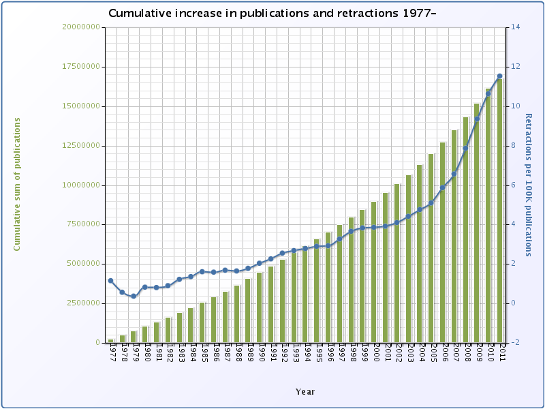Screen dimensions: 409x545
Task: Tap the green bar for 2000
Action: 374,272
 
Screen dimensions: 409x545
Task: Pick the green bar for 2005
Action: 431,248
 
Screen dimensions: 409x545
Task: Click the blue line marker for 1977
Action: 110,281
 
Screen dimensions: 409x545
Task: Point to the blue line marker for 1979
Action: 134,297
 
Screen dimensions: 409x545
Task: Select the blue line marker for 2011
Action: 500,76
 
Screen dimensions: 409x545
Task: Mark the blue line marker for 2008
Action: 465,149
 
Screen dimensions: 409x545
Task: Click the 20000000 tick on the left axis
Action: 81,27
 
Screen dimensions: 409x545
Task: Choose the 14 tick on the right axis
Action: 515,27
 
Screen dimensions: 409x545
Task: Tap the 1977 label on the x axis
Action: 112,354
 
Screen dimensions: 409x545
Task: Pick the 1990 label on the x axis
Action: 260,354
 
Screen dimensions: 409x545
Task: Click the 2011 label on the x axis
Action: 501,354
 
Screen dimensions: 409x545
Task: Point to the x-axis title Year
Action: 305,391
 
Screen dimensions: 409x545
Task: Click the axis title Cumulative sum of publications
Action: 17,184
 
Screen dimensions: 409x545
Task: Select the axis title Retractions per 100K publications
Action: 529,185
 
